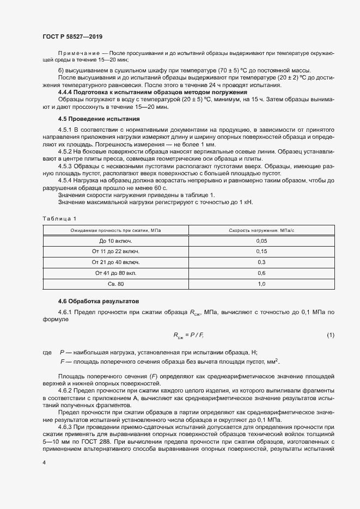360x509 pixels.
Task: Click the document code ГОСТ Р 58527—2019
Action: (72, 36)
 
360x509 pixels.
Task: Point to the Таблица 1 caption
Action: (57, 218)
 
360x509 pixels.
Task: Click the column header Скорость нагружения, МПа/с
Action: (260, 230)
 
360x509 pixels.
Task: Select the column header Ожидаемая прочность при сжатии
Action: (115, 230)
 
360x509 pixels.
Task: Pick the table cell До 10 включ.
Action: (115, 241)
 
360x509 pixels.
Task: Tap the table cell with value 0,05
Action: (261, 241)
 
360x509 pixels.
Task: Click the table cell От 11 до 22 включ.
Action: (115, 252)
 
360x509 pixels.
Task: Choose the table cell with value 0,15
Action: (261, 252)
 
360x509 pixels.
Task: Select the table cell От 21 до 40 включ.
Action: (115, 262)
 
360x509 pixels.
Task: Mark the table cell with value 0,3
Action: (261, 262)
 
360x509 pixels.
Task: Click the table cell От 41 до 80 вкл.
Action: (115, 273)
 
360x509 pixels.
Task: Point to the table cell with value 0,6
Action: (261, 273)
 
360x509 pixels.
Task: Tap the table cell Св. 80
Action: (115, 284)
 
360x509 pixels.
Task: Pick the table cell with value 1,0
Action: (261, 284)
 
